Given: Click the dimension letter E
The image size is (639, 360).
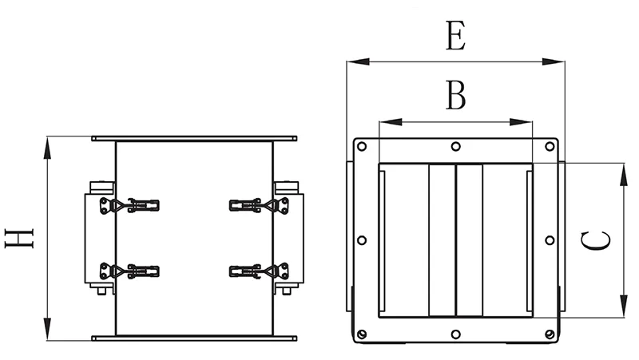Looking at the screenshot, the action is pos(455,36).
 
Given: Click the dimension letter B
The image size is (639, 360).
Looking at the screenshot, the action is pos(455,95).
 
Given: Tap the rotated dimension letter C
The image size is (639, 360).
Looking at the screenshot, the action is pos(596,240).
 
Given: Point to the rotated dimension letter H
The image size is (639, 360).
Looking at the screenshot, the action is pos(19,238).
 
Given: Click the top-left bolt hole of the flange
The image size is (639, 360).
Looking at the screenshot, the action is pos(362,146).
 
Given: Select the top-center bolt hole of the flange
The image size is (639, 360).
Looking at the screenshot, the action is pos(455,146).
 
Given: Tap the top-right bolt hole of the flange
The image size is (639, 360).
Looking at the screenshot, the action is pos(550,146).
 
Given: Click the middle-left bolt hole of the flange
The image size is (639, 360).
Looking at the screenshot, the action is pos(362,240).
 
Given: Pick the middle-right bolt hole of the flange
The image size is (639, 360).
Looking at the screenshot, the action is pos(550,240).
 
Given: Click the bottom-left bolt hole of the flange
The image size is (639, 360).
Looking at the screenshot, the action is pos(362,334).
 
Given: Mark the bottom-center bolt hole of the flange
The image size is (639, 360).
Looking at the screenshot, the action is pos(455,334).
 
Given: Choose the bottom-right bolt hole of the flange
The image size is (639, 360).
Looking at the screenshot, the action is pos(550,334).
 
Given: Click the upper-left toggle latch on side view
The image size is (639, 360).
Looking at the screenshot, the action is pos(129,205).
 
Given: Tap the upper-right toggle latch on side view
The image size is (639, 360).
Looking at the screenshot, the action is pos(259,205).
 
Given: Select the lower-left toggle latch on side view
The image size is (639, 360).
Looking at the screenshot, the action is pos(129,271).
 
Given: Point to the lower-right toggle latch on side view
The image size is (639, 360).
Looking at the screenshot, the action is pos(259,271).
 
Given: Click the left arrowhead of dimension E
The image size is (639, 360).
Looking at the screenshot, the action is pos(358,61).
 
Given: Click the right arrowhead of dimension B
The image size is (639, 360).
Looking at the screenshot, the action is pos(522,122).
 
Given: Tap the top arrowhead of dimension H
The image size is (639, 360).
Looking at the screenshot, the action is pos(48,148).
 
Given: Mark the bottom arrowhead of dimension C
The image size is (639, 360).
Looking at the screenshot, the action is pos(624,307).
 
